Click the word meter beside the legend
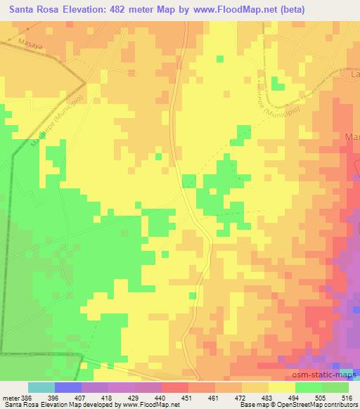[x=9, y=397]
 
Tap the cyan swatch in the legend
[x=41, y=387]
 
